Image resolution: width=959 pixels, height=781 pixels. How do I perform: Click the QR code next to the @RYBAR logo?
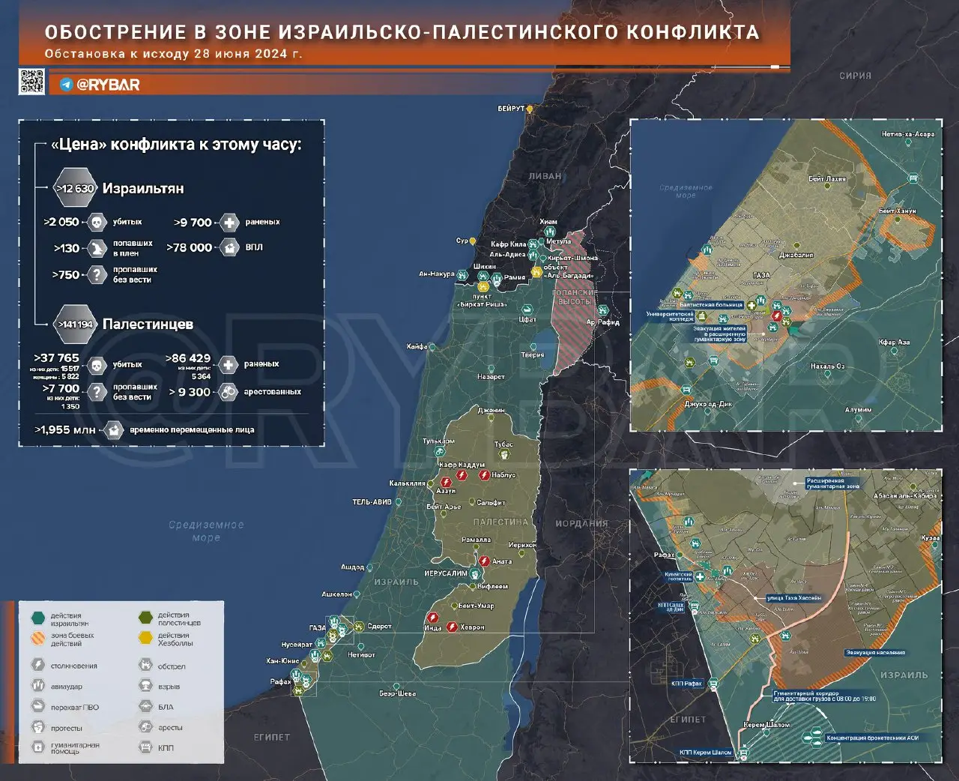pos(31,82)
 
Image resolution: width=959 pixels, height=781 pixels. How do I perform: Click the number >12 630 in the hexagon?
pos(75,189)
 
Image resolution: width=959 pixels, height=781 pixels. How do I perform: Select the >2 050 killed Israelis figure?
pos(61,223)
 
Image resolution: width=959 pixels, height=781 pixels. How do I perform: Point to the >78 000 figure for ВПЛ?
pos(190,247)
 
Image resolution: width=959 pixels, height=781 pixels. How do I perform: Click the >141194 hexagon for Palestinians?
pos(76,325)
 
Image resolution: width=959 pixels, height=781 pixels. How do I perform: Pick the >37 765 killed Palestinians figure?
pos(57,358)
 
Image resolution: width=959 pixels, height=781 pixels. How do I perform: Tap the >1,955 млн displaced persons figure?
pos(65,430)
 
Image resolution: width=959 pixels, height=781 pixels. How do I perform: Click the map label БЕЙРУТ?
pos(511,109)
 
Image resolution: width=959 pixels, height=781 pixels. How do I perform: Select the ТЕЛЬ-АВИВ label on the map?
pos(372,502)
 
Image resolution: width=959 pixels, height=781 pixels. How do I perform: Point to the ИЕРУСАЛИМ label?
pos(446,573)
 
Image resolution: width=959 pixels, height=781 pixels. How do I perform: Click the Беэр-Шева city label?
pos(397,693)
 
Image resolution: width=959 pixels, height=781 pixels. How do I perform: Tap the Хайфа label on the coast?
pos(417,347)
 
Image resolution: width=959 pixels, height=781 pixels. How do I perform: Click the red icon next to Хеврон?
pos(452,627)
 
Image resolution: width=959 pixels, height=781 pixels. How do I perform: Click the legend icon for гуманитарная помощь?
pos(37,747)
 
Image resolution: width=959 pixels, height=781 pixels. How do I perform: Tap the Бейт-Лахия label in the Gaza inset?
pos(826,180)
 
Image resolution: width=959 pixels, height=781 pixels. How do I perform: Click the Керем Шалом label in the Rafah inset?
pos(766,725)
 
